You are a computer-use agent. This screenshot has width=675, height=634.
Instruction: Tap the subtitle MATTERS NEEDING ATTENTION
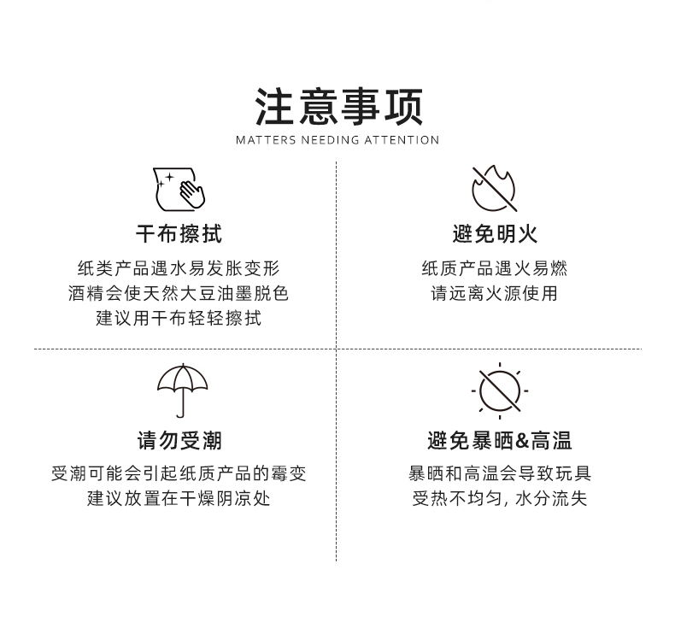tap(337, 140)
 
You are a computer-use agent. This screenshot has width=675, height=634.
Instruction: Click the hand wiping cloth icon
tap(179, 189)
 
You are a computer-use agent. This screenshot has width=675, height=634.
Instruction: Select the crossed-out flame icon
tap(495, 189)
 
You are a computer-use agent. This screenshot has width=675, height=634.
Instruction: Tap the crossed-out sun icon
tap(500, 390)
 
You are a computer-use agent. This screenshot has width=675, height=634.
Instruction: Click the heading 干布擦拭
tap(179, 233)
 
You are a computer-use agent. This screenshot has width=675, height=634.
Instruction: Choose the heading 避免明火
tap(495, 233)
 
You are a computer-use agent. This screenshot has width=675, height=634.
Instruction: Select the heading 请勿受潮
tap(179, 441)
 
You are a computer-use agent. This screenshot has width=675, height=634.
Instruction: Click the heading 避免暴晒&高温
tap(500, 441)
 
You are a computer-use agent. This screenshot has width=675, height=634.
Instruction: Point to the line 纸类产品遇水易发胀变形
tap(179, 268)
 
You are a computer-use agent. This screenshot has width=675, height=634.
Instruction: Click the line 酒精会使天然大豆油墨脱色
tap(179, 293)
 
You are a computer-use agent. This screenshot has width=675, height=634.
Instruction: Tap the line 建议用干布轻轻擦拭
tap(179, 319)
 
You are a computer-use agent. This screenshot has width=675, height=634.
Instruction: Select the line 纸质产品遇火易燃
tap(495, 268)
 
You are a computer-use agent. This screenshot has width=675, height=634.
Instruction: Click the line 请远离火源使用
tap(495, 293)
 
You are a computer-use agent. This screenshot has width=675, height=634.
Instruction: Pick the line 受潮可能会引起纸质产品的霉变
tap(179, 473)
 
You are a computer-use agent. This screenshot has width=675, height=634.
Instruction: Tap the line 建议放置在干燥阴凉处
tap(179, 498)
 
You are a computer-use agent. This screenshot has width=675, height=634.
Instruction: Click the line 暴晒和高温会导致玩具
tap(500, 473)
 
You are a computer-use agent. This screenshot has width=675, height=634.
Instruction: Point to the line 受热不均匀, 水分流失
tap(500, 498)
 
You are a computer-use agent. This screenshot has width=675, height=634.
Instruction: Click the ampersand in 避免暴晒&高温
tap(522, 442)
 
